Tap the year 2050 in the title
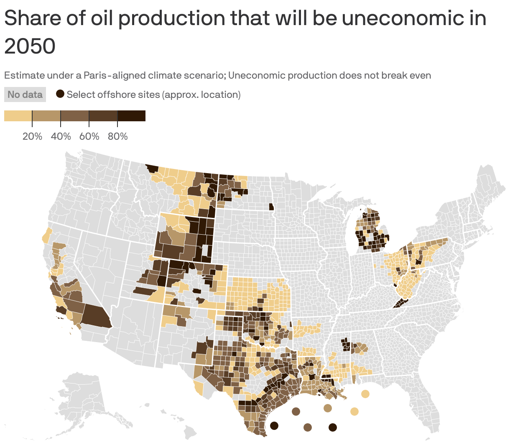(x=30, y=46)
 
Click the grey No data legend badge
(x=25, y=95)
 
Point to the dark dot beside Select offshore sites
(x=61, y=94)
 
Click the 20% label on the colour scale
(x=32, y=136)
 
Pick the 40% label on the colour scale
(x=61, y=136)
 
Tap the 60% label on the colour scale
(x=89, y=136)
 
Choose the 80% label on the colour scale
(x=117, y=136)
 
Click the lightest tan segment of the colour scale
(x=18, y=116)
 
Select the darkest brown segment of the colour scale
(x=131, y=116)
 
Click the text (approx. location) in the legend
(x=201, y=95)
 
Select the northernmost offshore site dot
(x=365, y=394)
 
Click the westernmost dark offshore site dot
(x=274, y=426)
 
